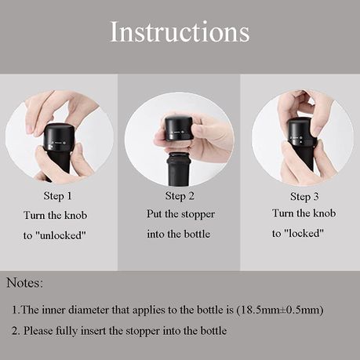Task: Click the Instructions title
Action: [180, 31]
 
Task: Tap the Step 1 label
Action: [57, 196]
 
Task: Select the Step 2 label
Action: [180, 196]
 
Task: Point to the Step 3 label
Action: [304, 197]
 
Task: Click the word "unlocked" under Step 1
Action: [63, 235]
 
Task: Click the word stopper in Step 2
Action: [198, 214]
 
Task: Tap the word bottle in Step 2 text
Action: [197, 234]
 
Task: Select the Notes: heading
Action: [24, 283]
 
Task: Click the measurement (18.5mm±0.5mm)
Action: [280, 310]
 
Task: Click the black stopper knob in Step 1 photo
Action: [57, 137]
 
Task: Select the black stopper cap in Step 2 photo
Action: [179, 129]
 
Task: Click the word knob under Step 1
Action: [76, 216]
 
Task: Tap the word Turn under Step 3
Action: [282, 213]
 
